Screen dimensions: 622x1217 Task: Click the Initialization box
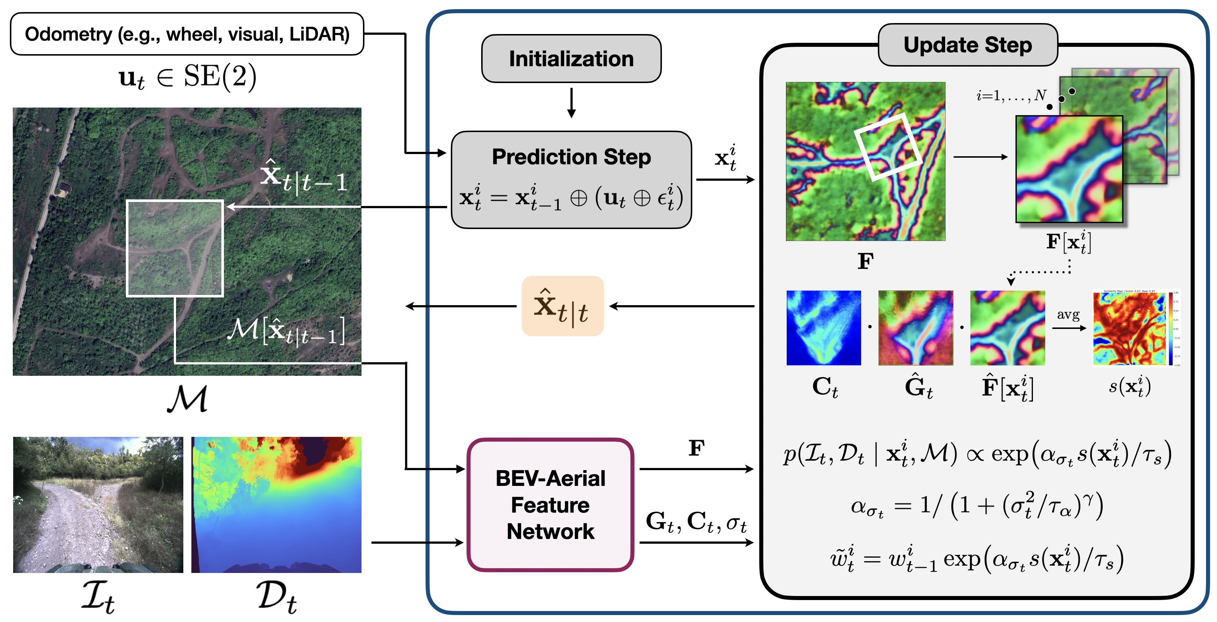[571, 59]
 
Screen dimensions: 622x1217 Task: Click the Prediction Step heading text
[571, 157]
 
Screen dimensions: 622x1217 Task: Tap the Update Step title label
[967, 45]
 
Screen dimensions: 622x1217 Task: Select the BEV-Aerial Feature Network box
[550, 505]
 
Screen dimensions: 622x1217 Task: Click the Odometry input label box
[187, 34]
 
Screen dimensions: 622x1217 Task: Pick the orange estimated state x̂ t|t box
[562, 306]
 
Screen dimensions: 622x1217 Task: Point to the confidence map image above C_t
[823, 328]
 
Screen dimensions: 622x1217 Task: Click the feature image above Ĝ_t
[915, 328]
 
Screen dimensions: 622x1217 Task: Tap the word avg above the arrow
[1068, 315]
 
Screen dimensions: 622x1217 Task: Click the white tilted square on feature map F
[888, 146]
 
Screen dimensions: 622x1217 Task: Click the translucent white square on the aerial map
[175, 248]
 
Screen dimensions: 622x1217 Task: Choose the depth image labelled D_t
[276, 505]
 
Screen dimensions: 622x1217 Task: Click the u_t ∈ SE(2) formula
[187, 76]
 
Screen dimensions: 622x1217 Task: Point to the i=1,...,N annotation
[1011, 96]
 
